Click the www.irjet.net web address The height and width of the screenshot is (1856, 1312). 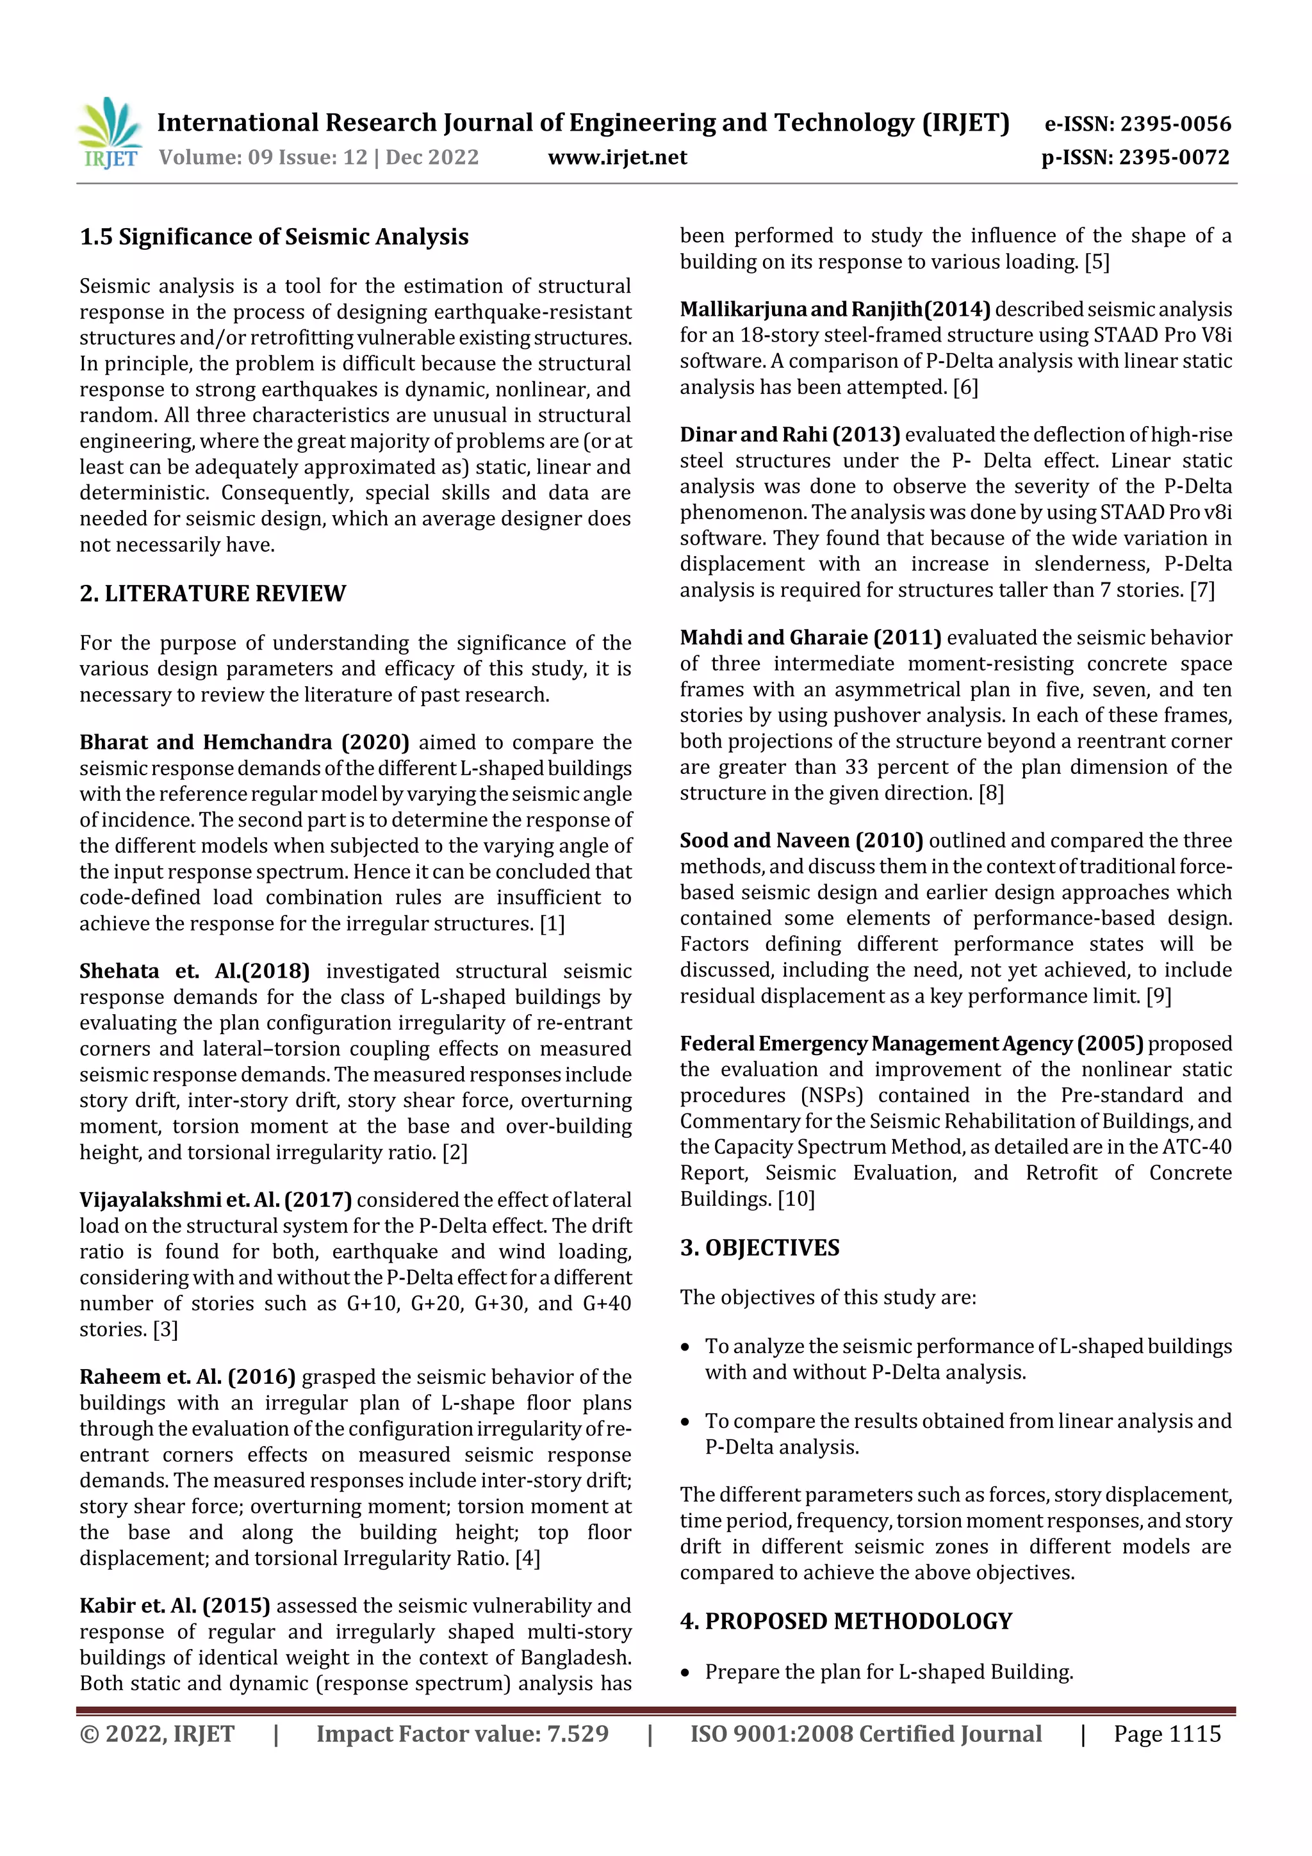point(617,157)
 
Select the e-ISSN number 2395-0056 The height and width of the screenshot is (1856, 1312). point(1176,124)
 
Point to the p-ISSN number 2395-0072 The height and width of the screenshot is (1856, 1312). point(1174,157)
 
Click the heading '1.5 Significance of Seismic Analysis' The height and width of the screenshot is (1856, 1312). point(274,237)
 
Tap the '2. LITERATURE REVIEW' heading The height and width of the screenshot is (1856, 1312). point(213,593)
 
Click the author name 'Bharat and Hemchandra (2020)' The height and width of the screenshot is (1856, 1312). point(244,742)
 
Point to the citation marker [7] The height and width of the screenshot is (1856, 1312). point(1202,590)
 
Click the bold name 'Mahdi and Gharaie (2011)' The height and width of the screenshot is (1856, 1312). point(810,638)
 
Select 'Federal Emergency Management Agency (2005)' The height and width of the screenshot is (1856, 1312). point(911,1044)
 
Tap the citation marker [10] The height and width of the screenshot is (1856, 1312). point(796,1199)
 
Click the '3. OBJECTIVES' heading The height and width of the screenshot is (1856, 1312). point(759,1248)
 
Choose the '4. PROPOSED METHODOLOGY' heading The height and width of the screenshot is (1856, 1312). point(846,1621)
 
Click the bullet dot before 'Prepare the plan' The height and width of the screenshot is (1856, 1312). point(685,1673)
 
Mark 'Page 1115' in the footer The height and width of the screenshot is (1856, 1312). point(1167,1734)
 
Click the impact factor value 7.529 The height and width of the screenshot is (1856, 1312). point(577,1734)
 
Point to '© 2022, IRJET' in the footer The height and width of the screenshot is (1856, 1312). point(157,1734)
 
